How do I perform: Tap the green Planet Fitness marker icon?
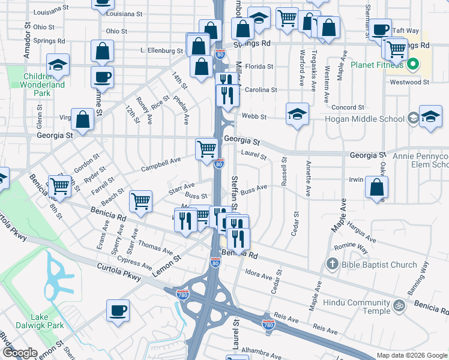(x=413, y=64)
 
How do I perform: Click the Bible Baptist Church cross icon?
(x=332, y=265)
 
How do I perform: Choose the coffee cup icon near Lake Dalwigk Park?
(x=118, y=310)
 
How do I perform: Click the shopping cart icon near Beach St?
(x=140, y=201)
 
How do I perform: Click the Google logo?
(x=20, y=353)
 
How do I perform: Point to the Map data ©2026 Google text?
(x=411, y=355)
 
